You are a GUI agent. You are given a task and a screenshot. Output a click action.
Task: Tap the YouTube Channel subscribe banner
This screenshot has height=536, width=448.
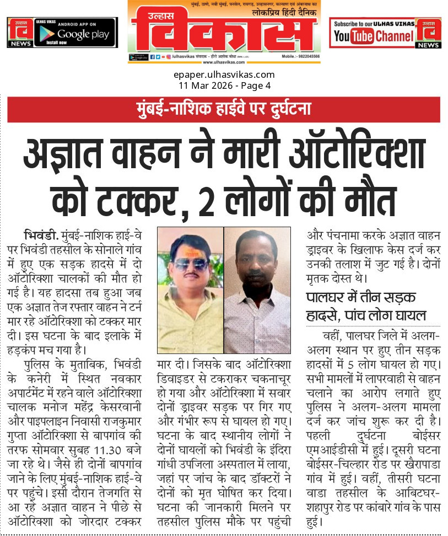(x=375, y=32)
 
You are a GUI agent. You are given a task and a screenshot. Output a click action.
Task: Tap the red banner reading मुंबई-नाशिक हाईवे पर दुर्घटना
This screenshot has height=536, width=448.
(x=224, y=110)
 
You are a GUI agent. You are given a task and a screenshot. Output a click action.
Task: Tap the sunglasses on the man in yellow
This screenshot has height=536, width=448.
(x=190, y=264)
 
